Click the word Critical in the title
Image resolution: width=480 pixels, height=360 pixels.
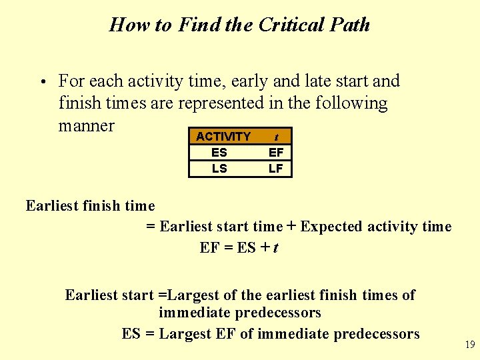290,25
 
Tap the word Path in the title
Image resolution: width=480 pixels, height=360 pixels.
348,25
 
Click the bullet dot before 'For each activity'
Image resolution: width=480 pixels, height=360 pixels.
42,83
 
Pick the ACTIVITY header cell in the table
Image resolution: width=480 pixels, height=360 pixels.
223,137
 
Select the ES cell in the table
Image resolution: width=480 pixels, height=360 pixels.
219,153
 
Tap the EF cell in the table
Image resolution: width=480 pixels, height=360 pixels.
276,153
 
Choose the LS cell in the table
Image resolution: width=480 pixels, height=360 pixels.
219,169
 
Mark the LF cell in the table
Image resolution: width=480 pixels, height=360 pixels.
276,169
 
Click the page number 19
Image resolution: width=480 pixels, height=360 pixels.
470,345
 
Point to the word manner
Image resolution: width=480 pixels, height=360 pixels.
87,125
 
